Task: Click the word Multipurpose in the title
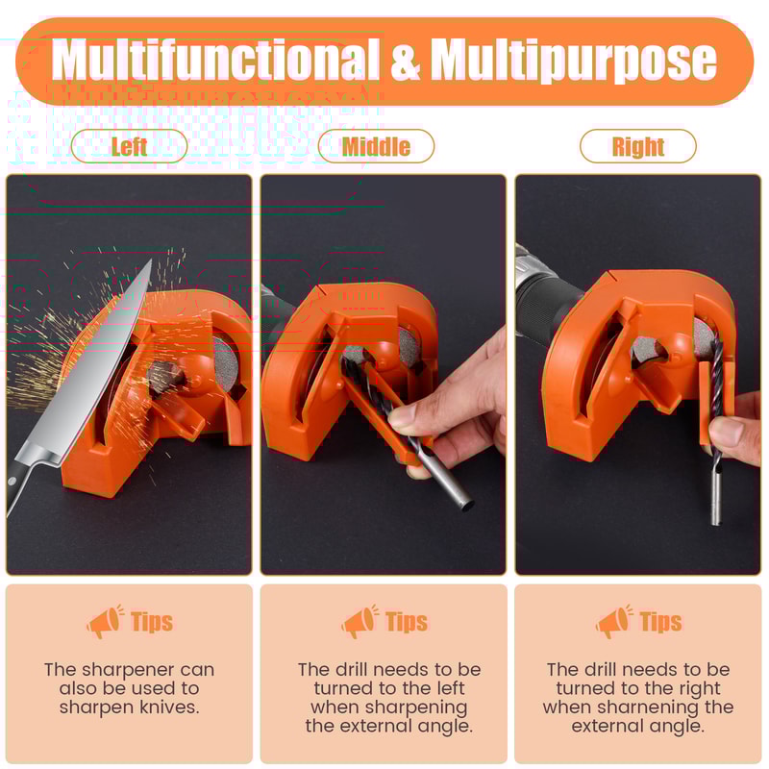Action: [x=573, y=61]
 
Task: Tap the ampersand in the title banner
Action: [x=405, y=62]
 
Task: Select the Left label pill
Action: [x=129, y=147]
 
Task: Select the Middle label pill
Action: [x=376, y=147]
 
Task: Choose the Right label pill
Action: [x=637, y=147]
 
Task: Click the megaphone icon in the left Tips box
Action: [x=105, y=623]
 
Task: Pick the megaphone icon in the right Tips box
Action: [x=614, y=623]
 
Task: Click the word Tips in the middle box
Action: [x=407, y=623]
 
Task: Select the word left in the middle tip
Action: [x=447, y=688]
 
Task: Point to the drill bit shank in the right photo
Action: [x=717, y=490]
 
